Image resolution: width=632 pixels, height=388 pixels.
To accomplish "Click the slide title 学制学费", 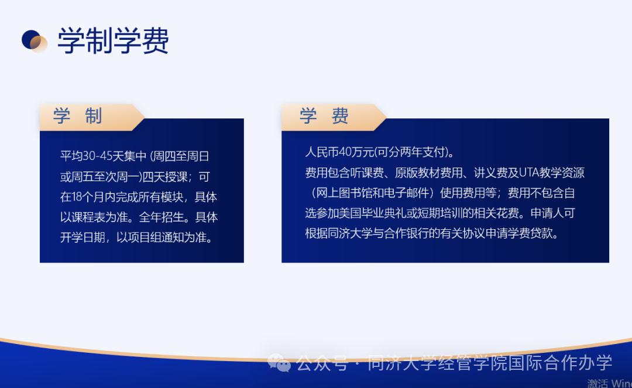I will click(x=113, y=41).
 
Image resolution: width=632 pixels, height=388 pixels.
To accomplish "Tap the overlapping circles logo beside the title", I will click(x=35, y=41).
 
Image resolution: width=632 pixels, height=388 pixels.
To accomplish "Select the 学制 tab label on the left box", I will click(x=78, y=116).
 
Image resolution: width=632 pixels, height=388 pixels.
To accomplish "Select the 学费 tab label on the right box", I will click(x=324, y=116).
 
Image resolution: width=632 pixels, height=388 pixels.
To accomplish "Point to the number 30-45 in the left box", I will click(x=97, y=156).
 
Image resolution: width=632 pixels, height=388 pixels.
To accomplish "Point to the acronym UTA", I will click(x=529, y=173).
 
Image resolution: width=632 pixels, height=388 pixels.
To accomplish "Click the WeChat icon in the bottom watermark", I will click(x=279, y=364).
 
